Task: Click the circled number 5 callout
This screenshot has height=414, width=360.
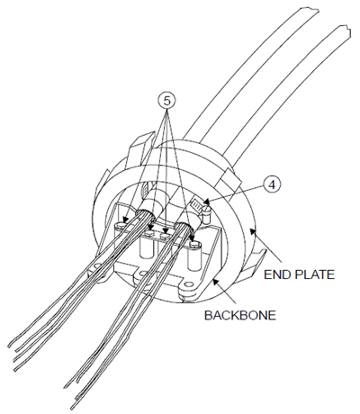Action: tap(166, 101)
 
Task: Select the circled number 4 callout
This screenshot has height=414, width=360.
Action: tap(272, 185)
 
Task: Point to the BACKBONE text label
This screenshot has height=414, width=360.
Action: tap(240, 316)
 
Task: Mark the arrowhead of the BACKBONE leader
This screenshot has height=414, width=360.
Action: tap(215, 281)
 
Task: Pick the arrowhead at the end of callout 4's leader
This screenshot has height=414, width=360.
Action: tap(206, 201)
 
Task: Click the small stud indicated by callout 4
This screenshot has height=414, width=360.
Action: tap(207, 213)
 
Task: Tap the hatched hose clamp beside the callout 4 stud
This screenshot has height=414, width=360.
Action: tap(197, 206)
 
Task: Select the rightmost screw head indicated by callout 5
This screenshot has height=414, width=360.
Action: tap(194, 244)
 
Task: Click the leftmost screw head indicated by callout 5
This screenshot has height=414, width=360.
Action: tap(121, 226)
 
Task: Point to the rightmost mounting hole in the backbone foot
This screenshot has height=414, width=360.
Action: tap(189, 284)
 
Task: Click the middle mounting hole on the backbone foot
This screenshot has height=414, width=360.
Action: tap(144, 274)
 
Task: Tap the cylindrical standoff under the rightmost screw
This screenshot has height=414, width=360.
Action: tap(193, 257)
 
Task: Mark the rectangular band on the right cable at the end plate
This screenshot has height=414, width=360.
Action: tap(230, 181)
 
